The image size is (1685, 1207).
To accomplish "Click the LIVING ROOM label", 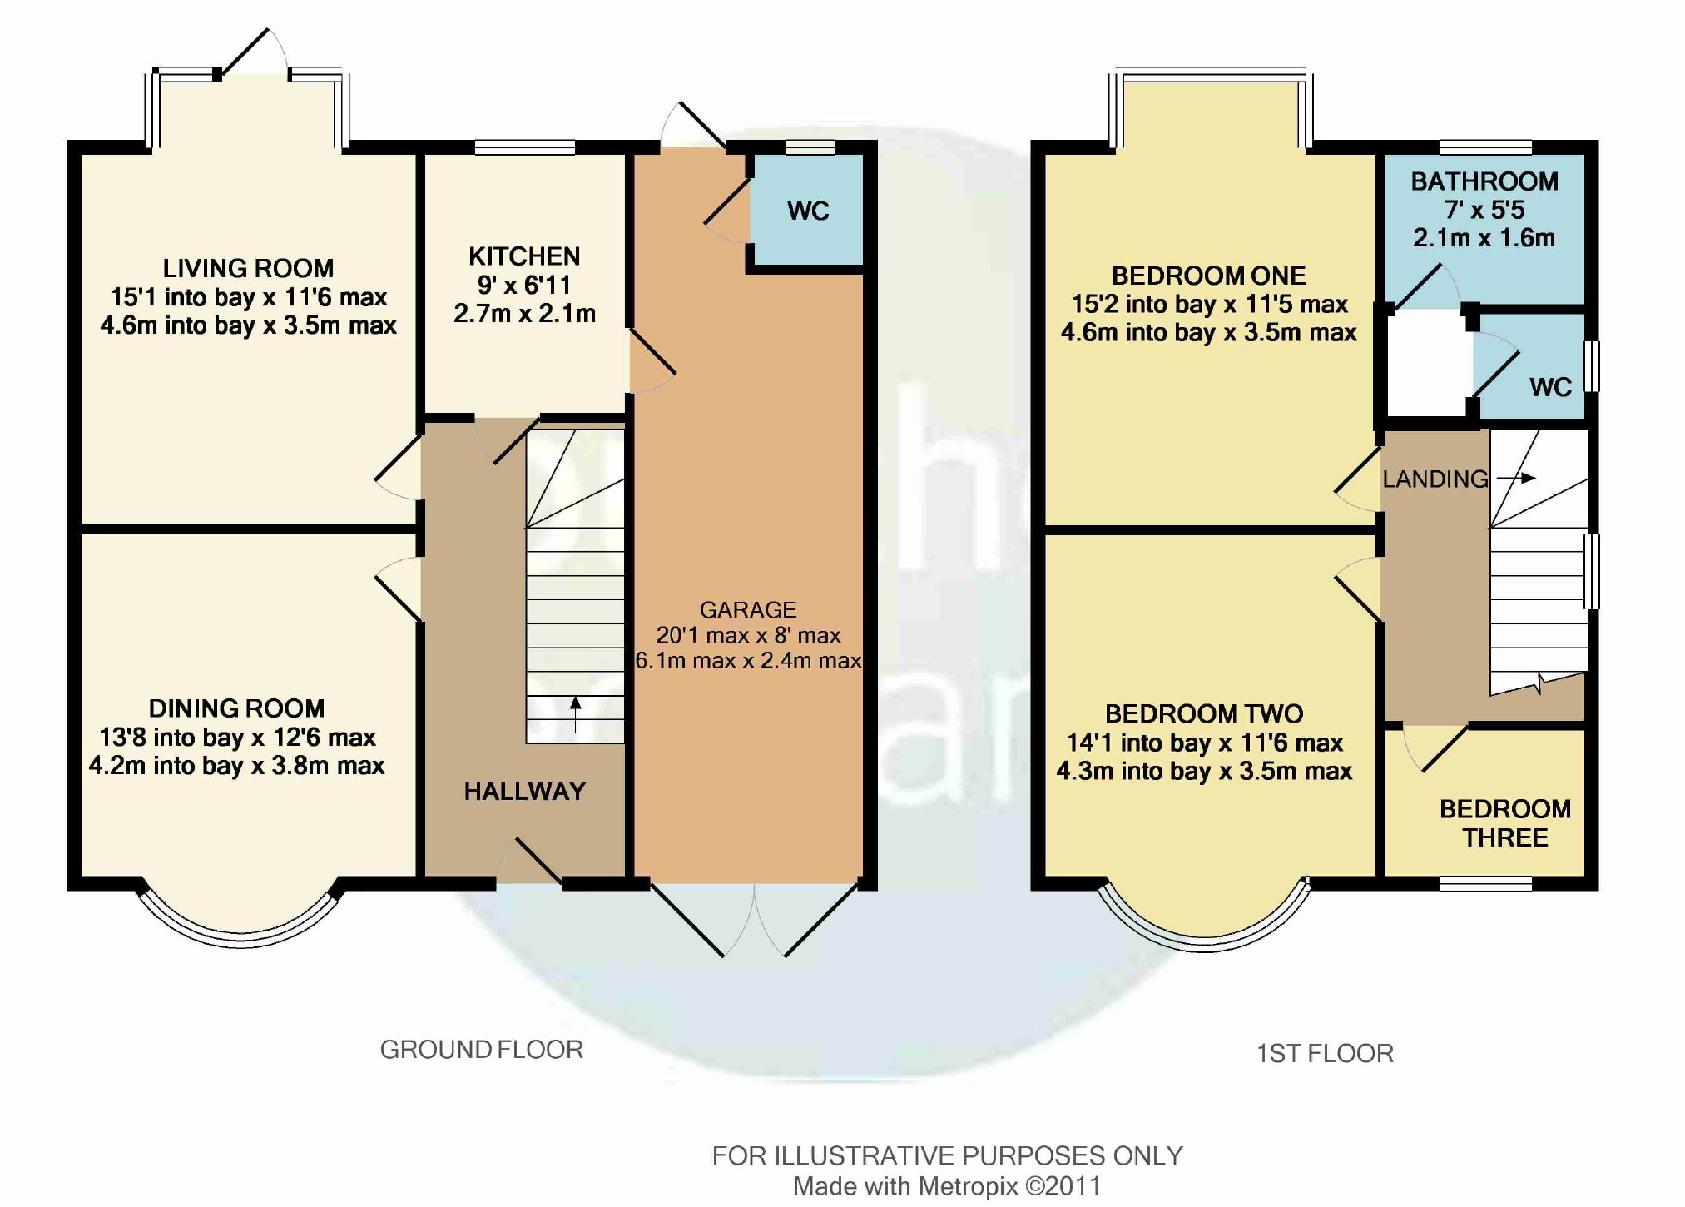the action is tap(248, 268).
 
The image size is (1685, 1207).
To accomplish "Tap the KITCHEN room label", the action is tap(524, 256).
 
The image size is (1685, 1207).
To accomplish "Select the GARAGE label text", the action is tap(748, 609).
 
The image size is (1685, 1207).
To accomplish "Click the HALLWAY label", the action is tap(525, 791).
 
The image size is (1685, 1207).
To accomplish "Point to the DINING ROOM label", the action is tap(236, 708).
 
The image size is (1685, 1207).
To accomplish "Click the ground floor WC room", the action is tap(808, 211).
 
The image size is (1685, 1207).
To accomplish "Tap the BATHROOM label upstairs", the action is tap(1484, 181).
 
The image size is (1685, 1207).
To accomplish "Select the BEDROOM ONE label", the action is tap(1209, 276).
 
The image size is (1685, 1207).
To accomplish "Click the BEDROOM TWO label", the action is tap(1204, 713).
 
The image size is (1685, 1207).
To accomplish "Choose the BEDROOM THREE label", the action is tap(1505, 823).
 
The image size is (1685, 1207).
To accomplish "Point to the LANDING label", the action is tap(1435, 479).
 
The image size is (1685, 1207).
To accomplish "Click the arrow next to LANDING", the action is tap(1516, 478).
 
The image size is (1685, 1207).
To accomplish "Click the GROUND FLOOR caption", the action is tap(482, 1050).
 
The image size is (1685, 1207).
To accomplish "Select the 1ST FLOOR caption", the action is tap(1325, 1054).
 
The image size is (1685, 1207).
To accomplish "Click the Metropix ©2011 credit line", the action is tap(947, 1186).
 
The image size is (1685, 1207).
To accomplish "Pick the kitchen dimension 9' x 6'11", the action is tap(524, 285).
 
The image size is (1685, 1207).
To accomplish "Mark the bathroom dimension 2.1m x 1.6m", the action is tap(1484, 238).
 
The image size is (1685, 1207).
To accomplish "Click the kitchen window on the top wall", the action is tap(525, 147).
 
